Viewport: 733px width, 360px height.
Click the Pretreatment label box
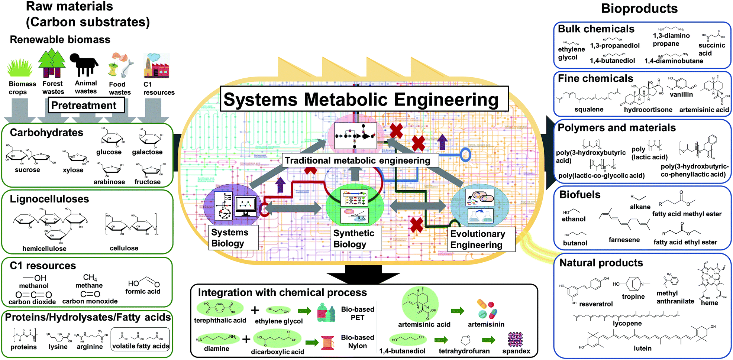[86, 106]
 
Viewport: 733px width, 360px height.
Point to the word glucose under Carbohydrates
[109, 152]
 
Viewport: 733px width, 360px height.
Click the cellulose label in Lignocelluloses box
[124, 248]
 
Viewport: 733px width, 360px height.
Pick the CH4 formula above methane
[90, 278]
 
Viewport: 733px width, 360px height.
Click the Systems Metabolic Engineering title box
[364, 99]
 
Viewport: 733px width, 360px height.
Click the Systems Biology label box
[233, 238]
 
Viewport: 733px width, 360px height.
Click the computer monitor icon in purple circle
[246, 206]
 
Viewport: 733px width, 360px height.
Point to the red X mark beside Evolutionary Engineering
[416, 225]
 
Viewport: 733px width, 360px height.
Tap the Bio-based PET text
[357, 313]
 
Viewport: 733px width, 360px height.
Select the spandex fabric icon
[515, 339]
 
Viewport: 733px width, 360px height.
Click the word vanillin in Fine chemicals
[681, 94]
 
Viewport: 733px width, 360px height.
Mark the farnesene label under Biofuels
[624, 240]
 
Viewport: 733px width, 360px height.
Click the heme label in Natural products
[709, 303]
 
